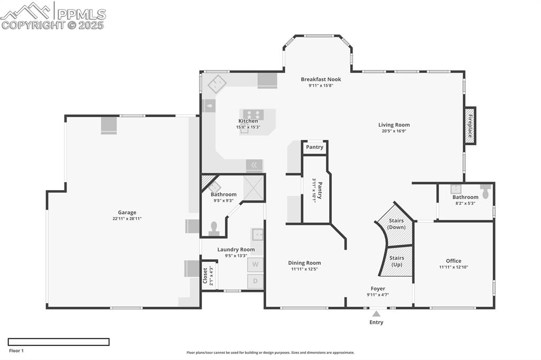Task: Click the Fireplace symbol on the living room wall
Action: coord(469,126)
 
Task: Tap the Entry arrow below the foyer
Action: coord(376,314)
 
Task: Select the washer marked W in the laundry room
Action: coord(255,264)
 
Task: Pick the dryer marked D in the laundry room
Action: coord(255,281)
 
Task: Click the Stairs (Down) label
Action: coord(396,224)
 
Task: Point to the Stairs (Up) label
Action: coord(396,261)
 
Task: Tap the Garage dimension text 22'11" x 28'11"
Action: coord(127,219)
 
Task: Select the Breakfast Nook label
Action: coord(321,79)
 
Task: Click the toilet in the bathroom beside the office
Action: coord(485,190)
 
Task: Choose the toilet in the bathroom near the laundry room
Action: coord(214,228)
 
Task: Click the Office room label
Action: coord(453,261)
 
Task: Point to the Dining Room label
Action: coord(304,263)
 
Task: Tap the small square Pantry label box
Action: coord(314,147)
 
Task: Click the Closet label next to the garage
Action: coord(206,275)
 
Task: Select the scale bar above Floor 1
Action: coord(59,342)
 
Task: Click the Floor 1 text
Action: coord(16,350)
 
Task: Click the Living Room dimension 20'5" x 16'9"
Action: coord(394,131)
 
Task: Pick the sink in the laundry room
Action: coord(257,234)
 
